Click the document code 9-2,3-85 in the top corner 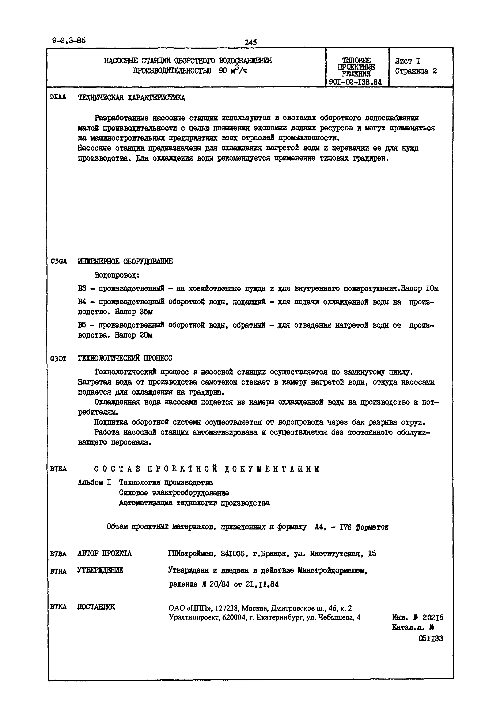tap(69, 40)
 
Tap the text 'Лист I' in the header tap(407, 61)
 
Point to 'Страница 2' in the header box tap(416, 71)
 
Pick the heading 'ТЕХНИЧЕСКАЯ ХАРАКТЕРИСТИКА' tap(131, 98)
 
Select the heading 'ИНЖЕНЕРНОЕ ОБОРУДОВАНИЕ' tap(125, 261)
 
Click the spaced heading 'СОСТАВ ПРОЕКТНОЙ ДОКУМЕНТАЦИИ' tap(207, 469)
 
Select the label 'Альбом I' tap(94, 483)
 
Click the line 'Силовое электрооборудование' tap(174, 493)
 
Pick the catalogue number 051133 tap(431, 639)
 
